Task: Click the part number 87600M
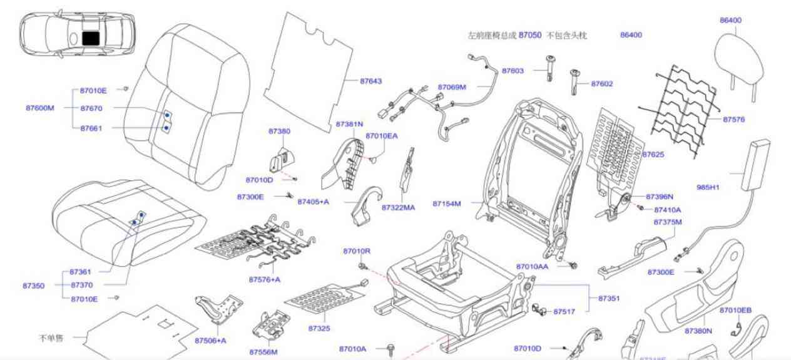(40, 108)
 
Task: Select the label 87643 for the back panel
(370, 81)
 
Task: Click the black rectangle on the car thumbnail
(91, 38)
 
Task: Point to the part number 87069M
(452, 87)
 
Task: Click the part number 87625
(653, 154)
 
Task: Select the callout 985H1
(708, 187)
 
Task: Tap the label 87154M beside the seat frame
(447, 203)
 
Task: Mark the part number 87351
(609, 299)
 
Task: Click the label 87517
(564, 311)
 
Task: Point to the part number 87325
(319, 328)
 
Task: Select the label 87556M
(263, 352)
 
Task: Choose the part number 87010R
(357, 251)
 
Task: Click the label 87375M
(668, 222)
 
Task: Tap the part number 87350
(34, 285)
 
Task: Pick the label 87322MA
(398, 207)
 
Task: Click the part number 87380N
(698, 331)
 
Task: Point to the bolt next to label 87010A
(392, 348)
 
